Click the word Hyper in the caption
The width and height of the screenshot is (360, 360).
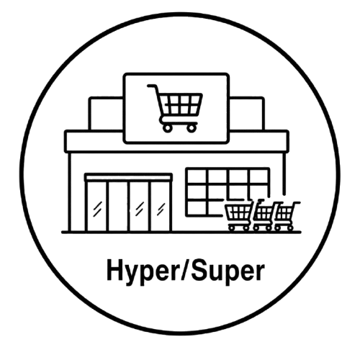(142, 272)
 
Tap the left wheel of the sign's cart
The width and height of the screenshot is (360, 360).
(168, 128)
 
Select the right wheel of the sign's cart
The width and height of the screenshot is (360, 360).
(192, 128)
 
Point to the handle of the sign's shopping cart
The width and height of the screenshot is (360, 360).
(152, 86)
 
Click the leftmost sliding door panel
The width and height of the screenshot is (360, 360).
(97, 206)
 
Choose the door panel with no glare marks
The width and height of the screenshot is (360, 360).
(118, 206)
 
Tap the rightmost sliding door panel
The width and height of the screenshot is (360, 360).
(161, 206)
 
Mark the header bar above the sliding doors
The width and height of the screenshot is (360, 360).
(128, 177)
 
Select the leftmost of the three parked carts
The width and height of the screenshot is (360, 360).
(239, 215)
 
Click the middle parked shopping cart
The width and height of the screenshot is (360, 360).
(264, 215)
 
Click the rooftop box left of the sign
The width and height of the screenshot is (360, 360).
(106, 113)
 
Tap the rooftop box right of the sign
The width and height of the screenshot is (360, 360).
(247, 113)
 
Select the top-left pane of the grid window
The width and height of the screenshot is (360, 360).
(198, 176)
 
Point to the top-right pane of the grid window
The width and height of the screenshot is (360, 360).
(258, 176)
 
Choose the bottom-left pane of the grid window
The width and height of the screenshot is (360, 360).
(197, 208)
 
